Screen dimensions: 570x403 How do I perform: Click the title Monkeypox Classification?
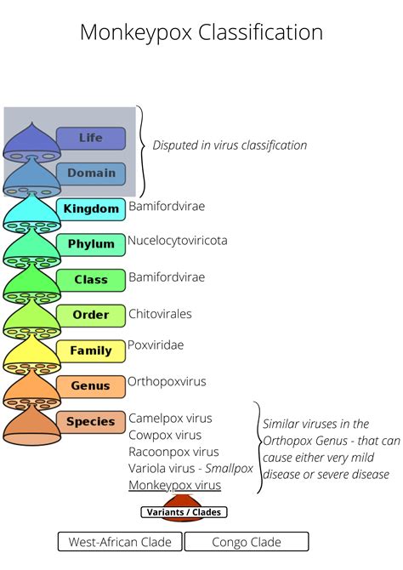click(x=201, y=32)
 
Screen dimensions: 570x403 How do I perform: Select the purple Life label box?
click(x=91, y=138)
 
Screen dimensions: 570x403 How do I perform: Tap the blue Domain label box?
click(x=91, y=174)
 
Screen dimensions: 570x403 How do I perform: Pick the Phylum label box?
click(x=91, y=244)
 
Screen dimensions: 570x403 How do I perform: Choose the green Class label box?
click(x=91, y=280)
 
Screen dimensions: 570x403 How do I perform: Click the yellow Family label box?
click(x=91, y=351)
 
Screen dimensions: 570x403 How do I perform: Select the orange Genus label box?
click(x=91, y=386)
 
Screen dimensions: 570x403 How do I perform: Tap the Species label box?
click(x=91, y=422)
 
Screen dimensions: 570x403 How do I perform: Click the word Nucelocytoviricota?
click(x=178, y=241)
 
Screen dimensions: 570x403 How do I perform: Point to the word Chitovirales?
click(x=160, y=314)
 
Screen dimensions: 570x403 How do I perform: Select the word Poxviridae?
click(x=156, y=345)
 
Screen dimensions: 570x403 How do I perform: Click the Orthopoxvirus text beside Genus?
click(x=167, y=382)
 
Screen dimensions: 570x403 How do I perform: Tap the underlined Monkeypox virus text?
click(x=174, y=486)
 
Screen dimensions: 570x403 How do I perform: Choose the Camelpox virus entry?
click(x=170, y=419)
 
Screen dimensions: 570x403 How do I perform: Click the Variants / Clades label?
click(x=184, y=513)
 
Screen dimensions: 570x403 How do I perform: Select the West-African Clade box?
click(x=120, y=542)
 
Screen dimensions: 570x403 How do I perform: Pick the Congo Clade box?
click(x=247, y=542)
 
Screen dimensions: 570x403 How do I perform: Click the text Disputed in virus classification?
click(x=230, y=145)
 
